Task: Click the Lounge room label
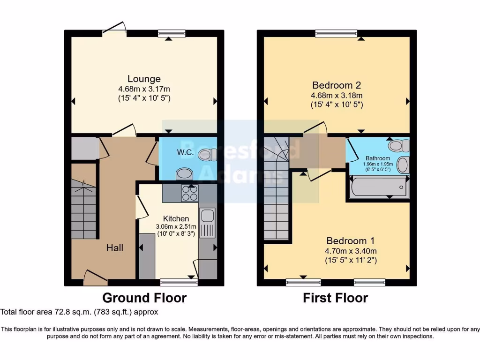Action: [144, 79]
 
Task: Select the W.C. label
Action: [183, 152]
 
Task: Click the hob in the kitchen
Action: [189, 193]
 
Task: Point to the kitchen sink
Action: [207, 217]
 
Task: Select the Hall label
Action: [114, 247]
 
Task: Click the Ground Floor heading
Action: [144, 298]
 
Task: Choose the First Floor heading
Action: [335, 298]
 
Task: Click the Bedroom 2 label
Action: [337, 85]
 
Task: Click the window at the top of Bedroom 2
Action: [336, 33]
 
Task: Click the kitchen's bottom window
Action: [179, 282]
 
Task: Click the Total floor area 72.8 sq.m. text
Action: [79, 311]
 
